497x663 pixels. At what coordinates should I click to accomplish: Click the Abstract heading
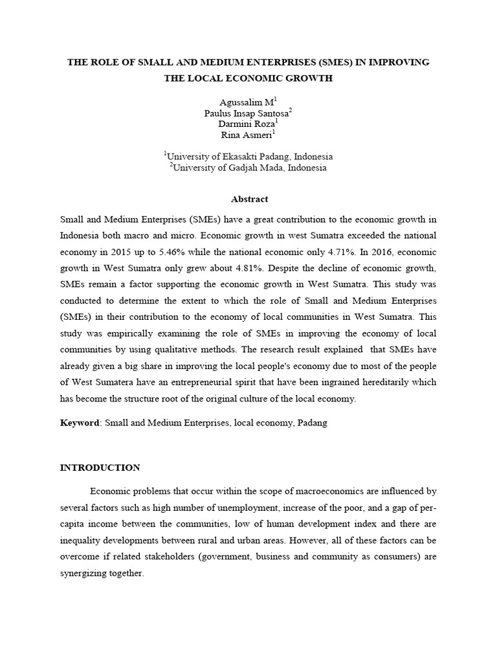tap(248, 199)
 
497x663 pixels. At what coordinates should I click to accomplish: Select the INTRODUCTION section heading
tap(100, 467)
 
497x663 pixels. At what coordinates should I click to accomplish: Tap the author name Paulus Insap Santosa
tap(248, 113)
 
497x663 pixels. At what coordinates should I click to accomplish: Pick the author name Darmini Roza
tap(247, 124)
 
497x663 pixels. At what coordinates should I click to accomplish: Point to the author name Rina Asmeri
tap(247, 135)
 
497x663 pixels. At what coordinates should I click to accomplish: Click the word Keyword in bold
tap(80, 422)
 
